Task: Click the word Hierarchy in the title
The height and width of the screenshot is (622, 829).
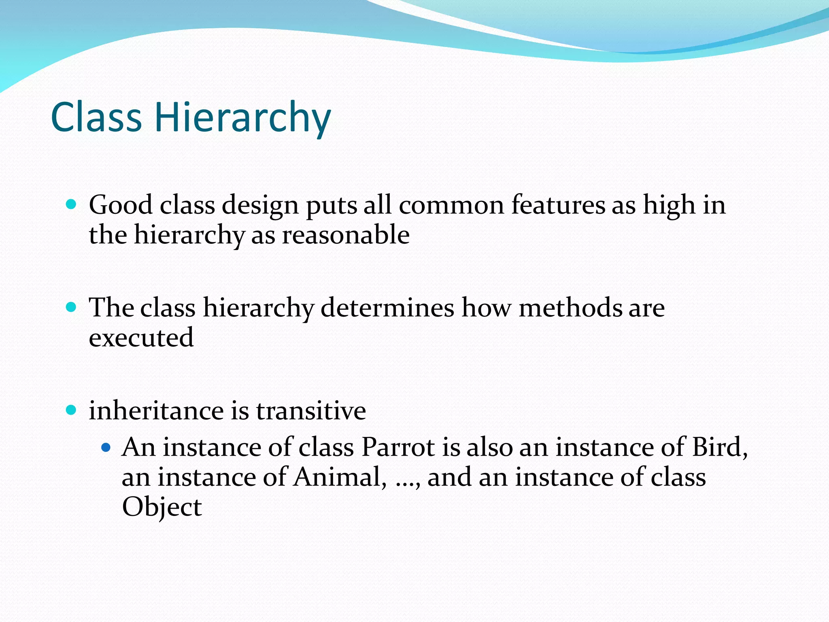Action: tap(242, 117)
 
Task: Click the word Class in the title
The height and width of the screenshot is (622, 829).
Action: tap(96, 117)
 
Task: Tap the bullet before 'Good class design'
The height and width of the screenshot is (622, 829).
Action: tap(71, 204)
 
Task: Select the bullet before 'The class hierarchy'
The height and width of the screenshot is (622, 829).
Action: tap(71, 307)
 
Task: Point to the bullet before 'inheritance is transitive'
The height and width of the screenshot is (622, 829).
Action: tap(71, 410)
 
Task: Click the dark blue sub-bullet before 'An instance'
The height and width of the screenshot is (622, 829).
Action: tap(106, 447)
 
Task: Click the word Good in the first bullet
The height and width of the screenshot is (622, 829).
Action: tap(121, 205)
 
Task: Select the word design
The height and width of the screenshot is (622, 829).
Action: tap(260, 206)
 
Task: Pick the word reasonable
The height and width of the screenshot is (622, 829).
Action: tap(346, 235)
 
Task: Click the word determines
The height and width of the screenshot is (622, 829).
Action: tap(387, 308)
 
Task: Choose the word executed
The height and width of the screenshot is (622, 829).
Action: tap(141, 338)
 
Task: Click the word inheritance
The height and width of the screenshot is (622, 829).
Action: tap(156, 411)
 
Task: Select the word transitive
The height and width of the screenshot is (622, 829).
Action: tap(311, 411)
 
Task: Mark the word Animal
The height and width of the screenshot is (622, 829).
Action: tap(338, 477)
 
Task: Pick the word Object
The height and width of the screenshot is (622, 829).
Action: tap(162, 507)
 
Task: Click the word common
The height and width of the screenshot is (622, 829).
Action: tap(451, 205)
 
